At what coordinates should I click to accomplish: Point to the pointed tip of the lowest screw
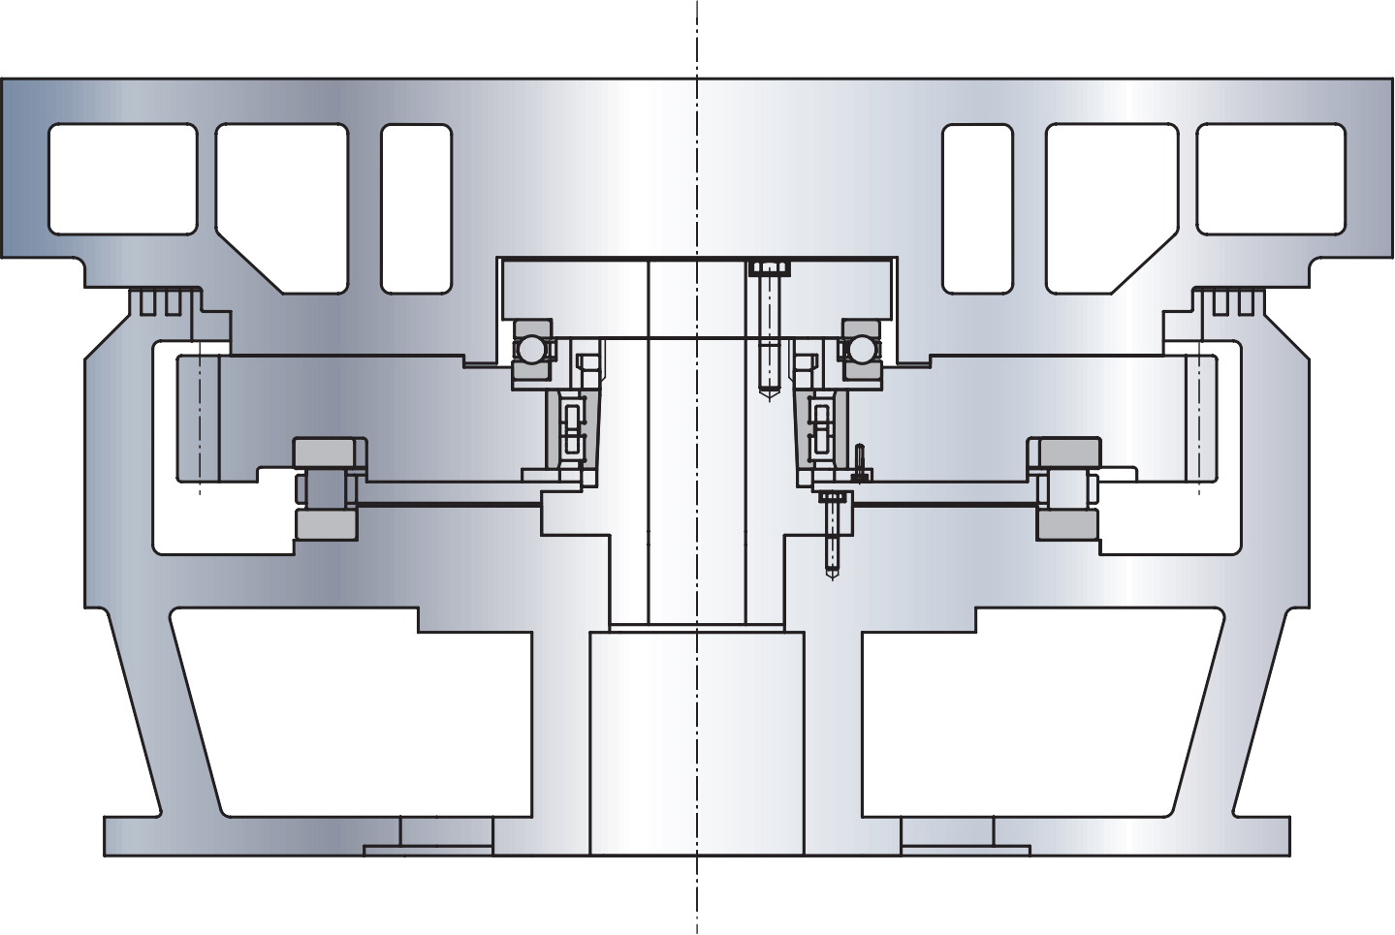point(832,576)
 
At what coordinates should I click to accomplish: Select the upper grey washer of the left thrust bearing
point(329,452)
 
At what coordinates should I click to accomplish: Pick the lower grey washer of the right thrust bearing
point(1066,524)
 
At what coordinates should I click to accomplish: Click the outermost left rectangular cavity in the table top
point(122,178)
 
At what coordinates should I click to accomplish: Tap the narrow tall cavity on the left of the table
point(416,208)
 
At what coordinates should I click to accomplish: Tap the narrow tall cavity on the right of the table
point(977,208)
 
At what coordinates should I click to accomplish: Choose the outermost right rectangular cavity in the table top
point(1271,178)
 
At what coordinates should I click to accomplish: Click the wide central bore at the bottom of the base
point(696,741)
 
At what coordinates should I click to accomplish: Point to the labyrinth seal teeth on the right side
point(1232,301)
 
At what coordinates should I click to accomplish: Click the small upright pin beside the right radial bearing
point(860,461)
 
